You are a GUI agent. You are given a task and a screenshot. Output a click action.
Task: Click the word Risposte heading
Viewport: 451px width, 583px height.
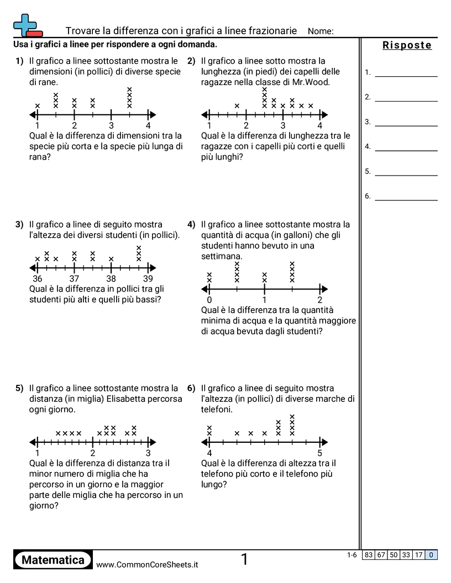click(407, 45)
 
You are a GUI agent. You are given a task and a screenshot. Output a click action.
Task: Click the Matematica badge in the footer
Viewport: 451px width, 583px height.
click(53, 560)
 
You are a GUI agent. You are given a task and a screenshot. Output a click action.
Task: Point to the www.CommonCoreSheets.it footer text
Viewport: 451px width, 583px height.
click(147, 564)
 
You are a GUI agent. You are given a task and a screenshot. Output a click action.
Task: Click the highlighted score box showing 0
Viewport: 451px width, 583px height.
click(431, 555)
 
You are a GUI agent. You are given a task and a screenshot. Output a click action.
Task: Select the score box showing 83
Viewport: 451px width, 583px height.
click(369, 555)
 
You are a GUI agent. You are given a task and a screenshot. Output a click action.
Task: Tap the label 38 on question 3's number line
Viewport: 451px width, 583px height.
click(111, 279)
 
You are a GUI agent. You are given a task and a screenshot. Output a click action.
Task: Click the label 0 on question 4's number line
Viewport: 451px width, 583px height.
click(209, 300)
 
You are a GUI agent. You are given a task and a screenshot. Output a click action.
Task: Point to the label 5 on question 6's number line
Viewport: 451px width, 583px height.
click(320, 453)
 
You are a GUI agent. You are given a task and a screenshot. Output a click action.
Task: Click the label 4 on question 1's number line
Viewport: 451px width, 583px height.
click(148, 125)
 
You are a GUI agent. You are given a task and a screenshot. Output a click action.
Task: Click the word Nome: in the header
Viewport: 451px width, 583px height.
click(321, 31)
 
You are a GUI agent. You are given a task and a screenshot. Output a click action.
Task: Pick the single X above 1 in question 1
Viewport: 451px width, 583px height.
click(38, 106)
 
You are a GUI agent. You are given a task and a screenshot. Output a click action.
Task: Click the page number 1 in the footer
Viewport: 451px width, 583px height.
click(244, 560)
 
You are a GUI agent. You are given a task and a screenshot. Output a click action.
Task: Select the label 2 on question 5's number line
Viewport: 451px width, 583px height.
click(93, 453)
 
